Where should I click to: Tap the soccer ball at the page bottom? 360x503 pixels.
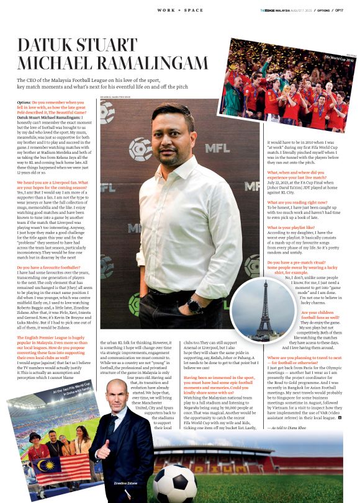click(x=174, y=483)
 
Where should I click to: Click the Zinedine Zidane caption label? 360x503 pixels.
click(x=124, y=481)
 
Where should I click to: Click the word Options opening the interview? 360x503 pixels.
click(x=24, y=102)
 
